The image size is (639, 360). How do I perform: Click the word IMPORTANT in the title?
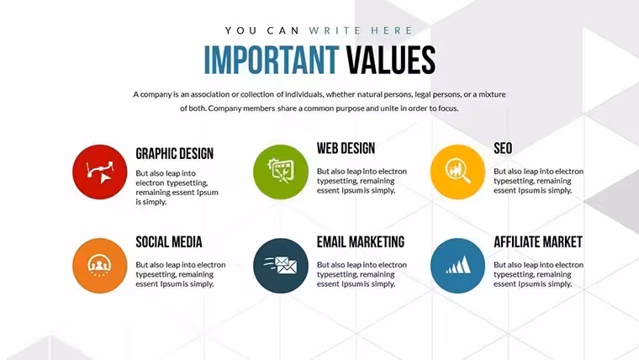pos(271,60)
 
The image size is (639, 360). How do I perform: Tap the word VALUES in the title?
pos(391,60)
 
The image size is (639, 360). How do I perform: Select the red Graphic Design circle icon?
pos(100,172)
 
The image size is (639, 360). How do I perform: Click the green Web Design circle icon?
pos(281,172)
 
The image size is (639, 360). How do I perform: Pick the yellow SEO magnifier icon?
pos(457,172)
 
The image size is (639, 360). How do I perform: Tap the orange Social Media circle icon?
pos(100,266)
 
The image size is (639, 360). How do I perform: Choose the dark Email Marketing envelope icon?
pos(281,266)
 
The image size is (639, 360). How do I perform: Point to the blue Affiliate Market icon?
pos(457,266)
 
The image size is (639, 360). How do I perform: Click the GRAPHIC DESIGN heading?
pos(174,154)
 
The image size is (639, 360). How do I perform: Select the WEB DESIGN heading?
pos(346,148)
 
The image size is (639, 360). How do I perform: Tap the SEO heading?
pos(503,148)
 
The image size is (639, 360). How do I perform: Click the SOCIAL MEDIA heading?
pos(169,241)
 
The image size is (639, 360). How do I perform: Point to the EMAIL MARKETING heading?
pos(361,241)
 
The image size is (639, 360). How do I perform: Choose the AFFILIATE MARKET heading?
pos(538,241)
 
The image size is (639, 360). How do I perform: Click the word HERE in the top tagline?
pos(392,30)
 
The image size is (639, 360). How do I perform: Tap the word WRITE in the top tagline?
pos(335,30)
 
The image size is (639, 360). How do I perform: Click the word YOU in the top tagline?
pos(240,30)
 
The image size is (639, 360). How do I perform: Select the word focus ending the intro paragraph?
pos(448,109)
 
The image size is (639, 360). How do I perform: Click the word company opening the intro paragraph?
pos(156,94)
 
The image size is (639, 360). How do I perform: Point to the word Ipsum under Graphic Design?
pos(208,192)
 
